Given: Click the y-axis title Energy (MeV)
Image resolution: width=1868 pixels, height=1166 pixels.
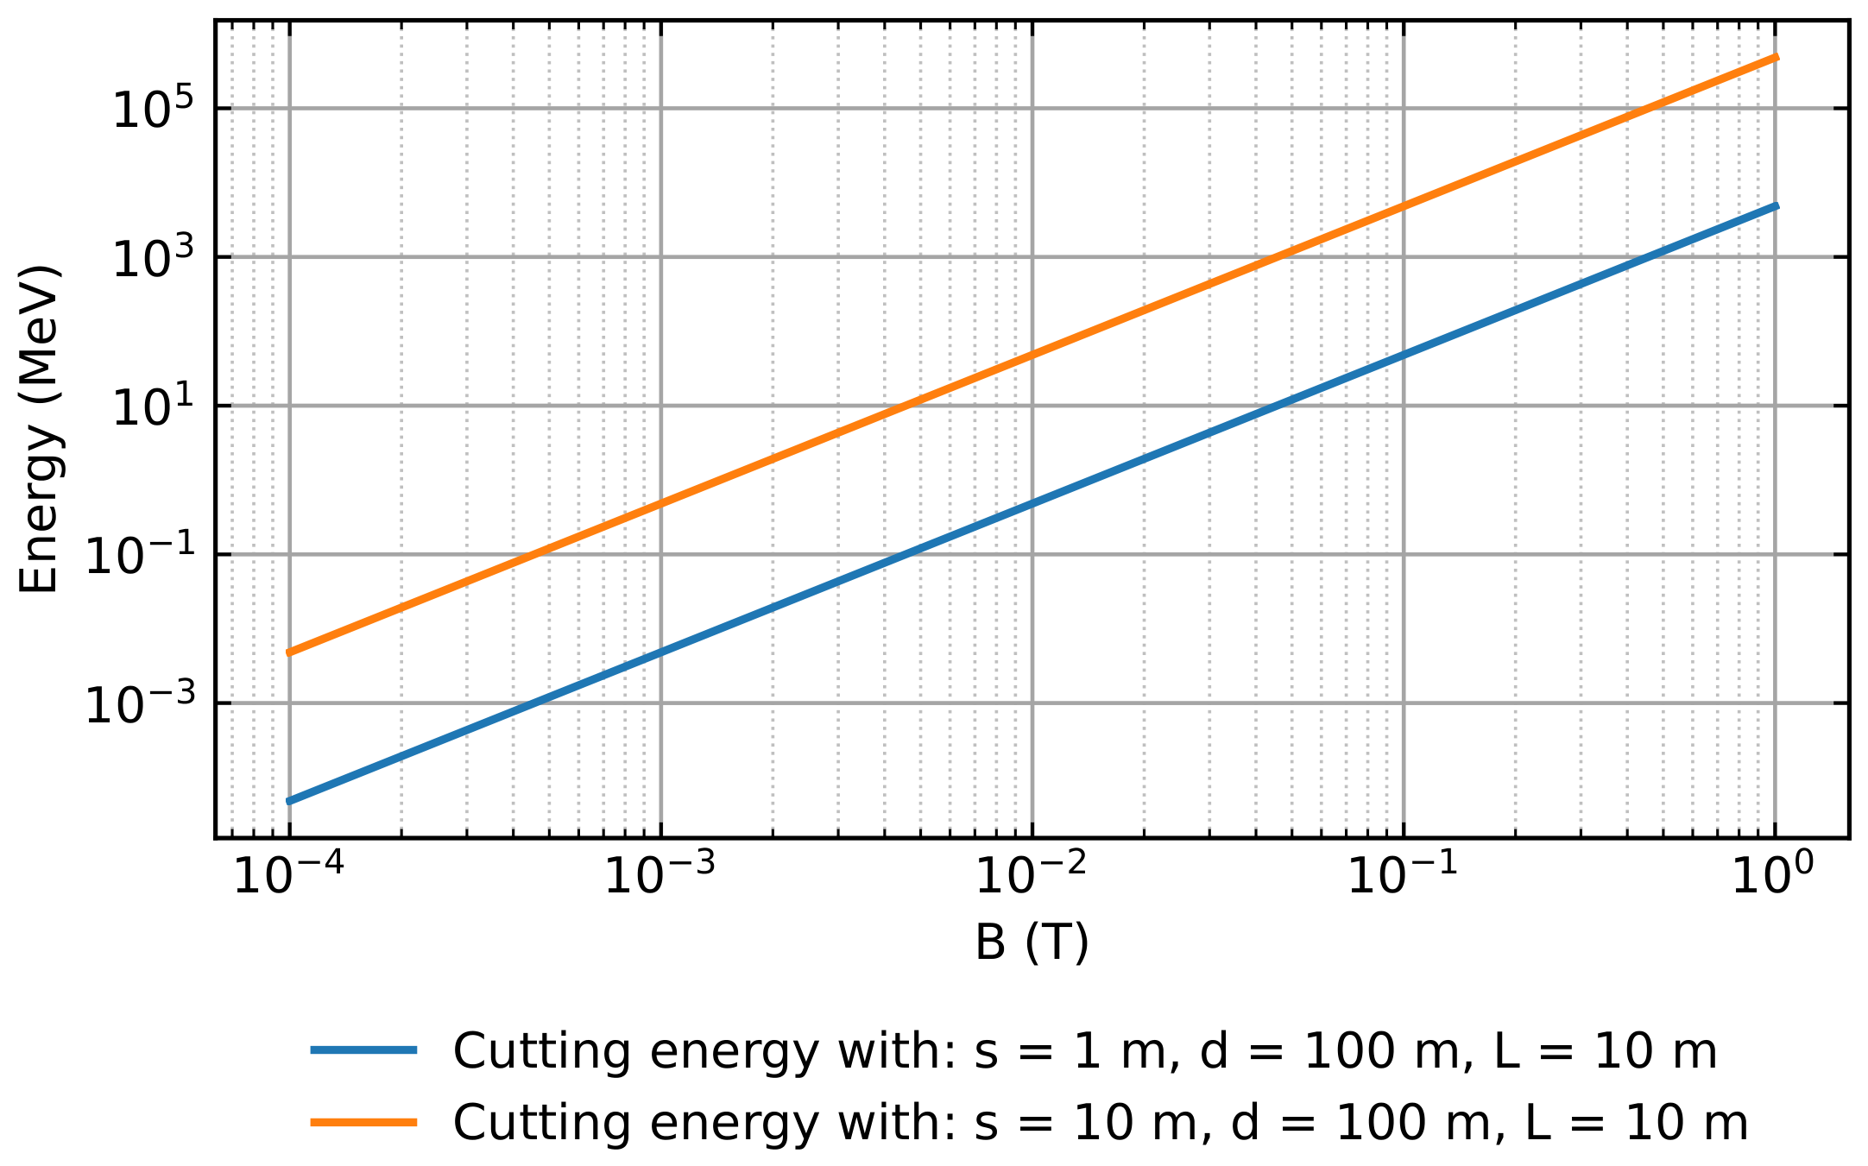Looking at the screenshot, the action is point(40,429).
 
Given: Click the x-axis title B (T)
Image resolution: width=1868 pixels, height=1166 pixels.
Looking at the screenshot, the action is point(1032,942).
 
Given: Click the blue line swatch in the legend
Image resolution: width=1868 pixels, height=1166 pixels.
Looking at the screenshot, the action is point(364,1050).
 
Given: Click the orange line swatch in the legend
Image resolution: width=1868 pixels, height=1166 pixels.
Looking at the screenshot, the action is point(364,1122).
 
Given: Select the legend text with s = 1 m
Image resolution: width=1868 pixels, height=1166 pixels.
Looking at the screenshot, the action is point(1085,1051).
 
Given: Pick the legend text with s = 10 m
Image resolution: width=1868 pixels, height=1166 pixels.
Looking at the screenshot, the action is point(1101,1123).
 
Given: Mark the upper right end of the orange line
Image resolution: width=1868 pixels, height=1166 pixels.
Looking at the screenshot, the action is point(1776,57).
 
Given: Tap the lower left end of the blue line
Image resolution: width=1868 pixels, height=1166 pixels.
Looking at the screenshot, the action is point(289,802).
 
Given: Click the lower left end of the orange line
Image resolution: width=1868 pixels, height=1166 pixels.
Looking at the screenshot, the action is point(289,652).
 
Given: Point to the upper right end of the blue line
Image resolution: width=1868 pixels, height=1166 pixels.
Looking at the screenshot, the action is point(1776,205).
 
